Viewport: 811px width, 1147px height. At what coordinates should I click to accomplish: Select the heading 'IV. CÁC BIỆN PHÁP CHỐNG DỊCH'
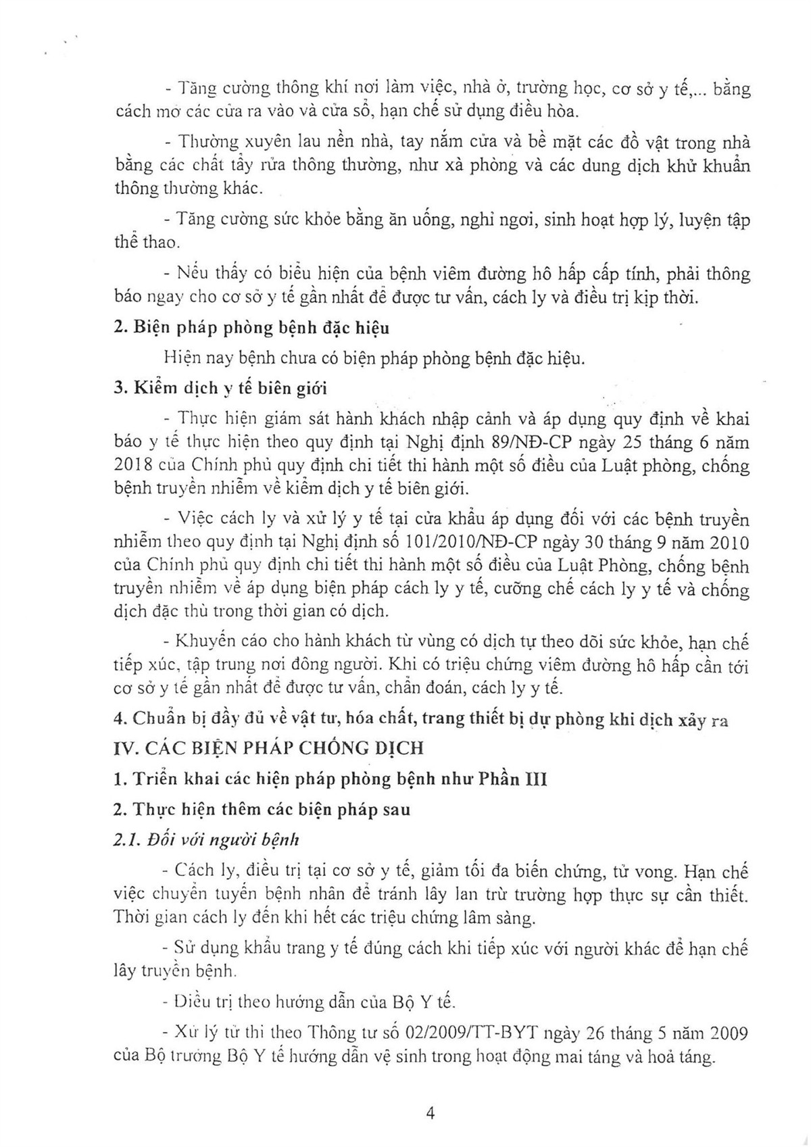tap(269, 748)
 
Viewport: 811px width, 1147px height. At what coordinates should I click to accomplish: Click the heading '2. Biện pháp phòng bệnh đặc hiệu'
tap(251, 328)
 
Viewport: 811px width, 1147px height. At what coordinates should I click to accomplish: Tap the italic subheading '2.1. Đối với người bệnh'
tap(206, 840)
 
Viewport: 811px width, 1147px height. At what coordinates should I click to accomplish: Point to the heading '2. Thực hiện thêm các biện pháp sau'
tap(262, 809)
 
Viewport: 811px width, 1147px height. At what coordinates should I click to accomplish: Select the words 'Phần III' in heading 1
tap(522, 779)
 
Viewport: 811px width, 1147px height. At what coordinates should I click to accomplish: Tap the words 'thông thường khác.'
tap(187, 188)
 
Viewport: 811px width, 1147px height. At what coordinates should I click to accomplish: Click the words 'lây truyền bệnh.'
tap(176, 971)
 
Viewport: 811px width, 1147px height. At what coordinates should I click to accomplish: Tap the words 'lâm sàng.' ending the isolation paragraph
tap(500, 918)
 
